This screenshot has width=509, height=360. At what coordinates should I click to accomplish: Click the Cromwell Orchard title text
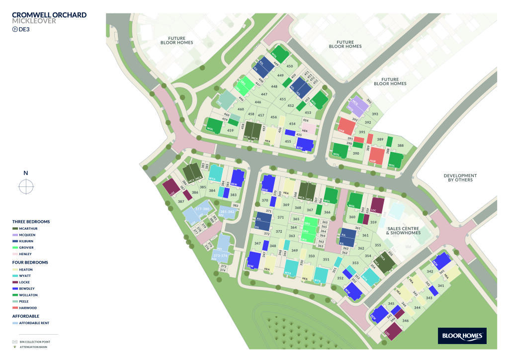coord(49,15)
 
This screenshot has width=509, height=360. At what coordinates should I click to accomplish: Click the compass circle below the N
coord(26,186)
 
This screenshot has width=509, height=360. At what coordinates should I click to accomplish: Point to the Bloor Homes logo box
coord(462,336)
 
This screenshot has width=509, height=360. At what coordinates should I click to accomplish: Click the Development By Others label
coord(460,178)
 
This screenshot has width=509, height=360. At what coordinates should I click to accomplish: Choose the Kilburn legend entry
coord(25,241)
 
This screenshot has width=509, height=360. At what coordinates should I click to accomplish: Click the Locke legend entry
coord(24,282)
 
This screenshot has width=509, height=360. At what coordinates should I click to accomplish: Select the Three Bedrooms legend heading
coord(31,222)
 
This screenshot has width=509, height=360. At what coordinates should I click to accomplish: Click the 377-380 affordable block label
coord(202,209)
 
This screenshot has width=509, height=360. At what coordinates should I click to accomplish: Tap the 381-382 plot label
coord(227,212)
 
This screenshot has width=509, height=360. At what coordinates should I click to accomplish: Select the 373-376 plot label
coord(220,256)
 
